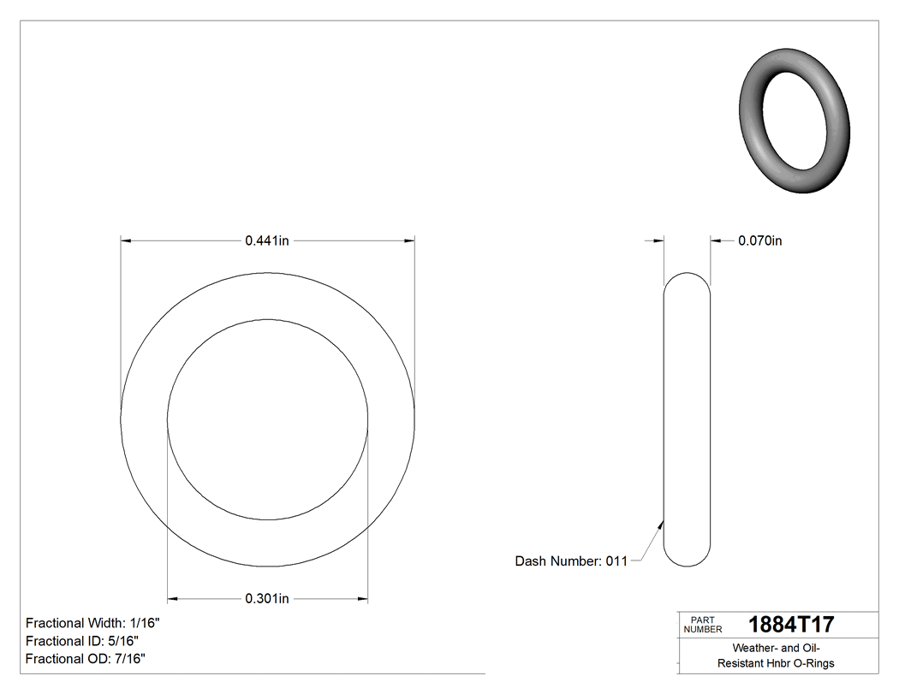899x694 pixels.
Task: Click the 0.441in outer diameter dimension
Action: (x=267, y=241)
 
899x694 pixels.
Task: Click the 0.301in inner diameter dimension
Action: (x=267, y=598)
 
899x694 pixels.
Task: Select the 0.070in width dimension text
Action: (x=759, y=241)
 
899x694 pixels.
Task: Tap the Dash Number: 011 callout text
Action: (x=571, y=561)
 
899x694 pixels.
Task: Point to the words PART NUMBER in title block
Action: (x=699, y=625)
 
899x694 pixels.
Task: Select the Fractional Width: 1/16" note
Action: (x=92, y=623)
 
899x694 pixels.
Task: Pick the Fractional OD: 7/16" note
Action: (x=85, y=659)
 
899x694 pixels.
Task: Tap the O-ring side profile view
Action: (x=687, y=419)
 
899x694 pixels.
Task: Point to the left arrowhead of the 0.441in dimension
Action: (x=126, y=241)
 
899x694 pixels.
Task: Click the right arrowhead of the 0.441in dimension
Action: (x=410, y=241)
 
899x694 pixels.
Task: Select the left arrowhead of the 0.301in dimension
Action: (x=172, y=598)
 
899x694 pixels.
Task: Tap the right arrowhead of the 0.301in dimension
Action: (x=363, y=598)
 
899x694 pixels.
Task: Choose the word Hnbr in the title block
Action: (x=777, y=663)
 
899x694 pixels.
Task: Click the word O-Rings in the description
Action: (x=813, y=663)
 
